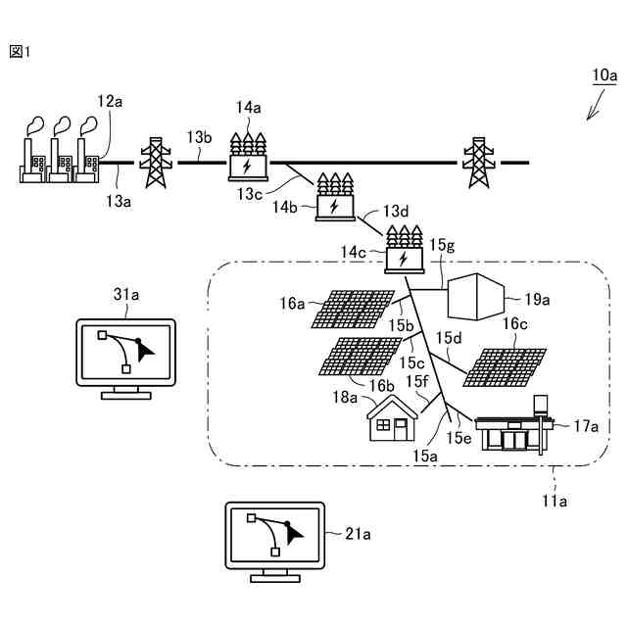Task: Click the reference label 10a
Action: pyautogui.click(x=604, y=75)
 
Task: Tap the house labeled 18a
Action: pyautogui.click(x=392, y=418)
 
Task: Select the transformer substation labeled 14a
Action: pyautogui.click(x=248, y=157)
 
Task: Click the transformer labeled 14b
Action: pyautogui.click(x=335, y=197)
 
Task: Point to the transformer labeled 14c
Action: pyautogui.click(x=404, y=250)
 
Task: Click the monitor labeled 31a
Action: pyautogui.click(x=126, y=359)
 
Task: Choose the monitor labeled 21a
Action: pyautogui.click(x=275, y=542)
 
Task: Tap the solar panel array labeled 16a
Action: pyautogui.click(x=353, y=310)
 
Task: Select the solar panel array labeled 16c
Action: pyautogui.click(x=505, y=367)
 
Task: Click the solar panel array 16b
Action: pyautogui.click(x=361, y=357)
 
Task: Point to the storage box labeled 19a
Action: pyautogui.click(x=475, y=296)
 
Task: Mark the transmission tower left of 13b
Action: pyautogui.click(x=156, y=163)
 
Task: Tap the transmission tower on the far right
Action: pyautogui.click(x=479, y=163)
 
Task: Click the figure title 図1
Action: pyautogui.click(x=20, y=52)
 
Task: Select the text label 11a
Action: pyautogui.click(x=555, y=501)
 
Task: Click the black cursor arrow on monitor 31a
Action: pyautogui.click(x=146, y=353)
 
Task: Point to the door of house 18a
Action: pyautogui.click(x=401, y=429)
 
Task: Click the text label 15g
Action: pyautogui.click(x=442, y=245)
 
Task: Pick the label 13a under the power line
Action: pyautogui.click(x=119, y=201)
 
